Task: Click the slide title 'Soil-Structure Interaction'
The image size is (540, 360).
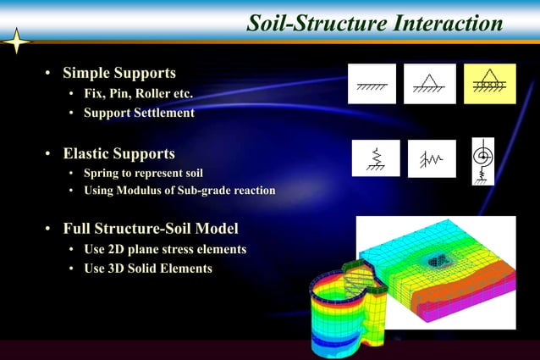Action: coord(374,23)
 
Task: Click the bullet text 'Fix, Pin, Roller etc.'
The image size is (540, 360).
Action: coord(143,92)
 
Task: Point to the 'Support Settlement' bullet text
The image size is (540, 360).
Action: coord(139,112)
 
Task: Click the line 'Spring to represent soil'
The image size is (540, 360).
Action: coord(143,174)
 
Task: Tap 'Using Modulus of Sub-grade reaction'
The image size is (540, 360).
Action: coord(179,191)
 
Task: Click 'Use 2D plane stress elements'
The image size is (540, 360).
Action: coord(165,249)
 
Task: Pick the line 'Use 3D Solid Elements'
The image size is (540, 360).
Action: coord(147,269)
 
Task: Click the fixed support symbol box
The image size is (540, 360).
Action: coord(372,83)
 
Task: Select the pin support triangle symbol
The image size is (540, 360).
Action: coord(429,83)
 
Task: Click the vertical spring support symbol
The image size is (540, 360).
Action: coord(376,158)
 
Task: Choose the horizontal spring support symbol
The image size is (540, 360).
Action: coord(432,158)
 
